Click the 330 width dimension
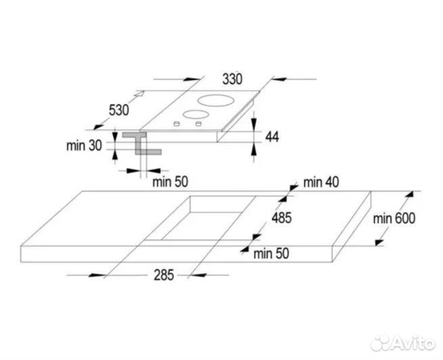pos(231,78)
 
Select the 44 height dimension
pos(272,137)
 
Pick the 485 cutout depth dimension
pos(282,218)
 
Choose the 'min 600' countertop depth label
pos(393,218)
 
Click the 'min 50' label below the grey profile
pos(169,181)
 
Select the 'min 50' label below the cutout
pos(272,254)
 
